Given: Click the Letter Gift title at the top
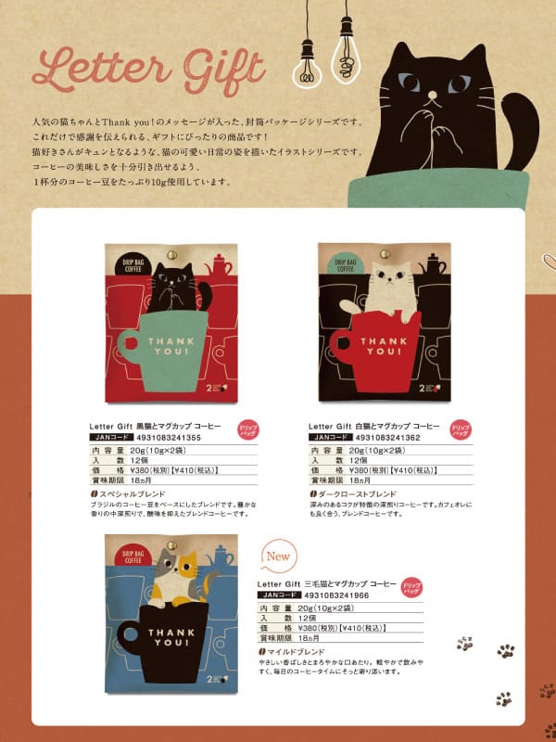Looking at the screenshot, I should (x=148, y=68).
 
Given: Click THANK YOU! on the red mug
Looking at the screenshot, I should (x=380, y=346).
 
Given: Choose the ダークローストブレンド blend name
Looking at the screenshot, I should (x=356, y=495).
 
